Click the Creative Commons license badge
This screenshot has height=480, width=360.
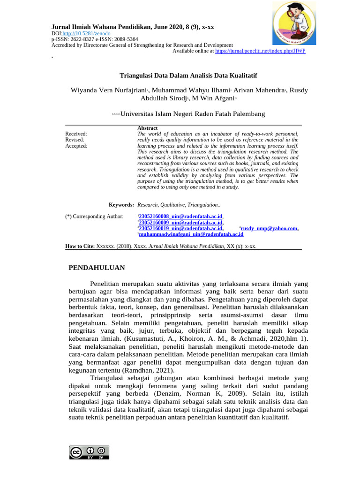point(89,452)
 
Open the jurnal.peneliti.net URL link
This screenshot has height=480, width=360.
point(260,51)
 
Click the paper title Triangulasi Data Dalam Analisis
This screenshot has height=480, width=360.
point(188,75)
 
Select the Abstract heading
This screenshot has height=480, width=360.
point(147,128)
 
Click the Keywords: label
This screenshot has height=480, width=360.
point(121,205)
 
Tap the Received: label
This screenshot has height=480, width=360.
point(76,134)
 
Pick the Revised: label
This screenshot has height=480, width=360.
point(75,140)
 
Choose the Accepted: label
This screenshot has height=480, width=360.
point(76,146)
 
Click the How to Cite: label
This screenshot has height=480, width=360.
point(80,246)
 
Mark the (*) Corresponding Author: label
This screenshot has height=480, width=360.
point(94,216)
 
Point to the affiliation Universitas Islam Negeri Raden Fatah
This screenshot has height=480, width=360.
point(193,114)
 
